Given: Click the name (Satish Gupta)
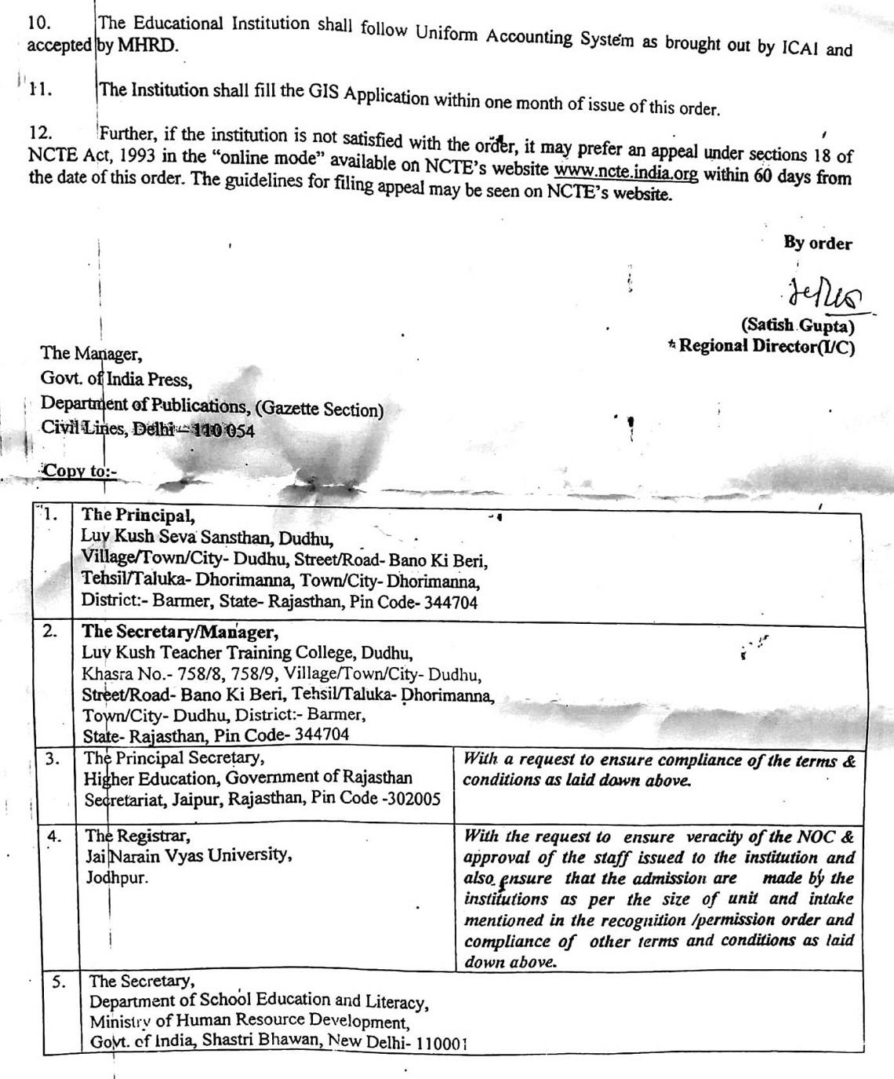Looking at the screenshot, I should [798, 325].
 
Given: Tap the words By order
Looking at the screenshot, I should [817, 243].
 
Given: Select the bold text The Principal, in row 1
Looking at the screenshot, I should [138, 516].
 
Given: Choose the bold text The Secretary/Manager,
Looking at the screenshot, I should [180, 632].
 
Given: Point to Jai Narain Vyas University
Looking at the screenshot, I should [188, 855].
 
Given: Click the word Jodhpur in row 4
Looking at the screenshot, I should [117, 877].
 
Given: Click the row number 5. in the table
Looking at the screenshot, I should [58, 982].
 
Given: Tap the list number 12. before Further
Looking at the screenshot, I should [40, 134].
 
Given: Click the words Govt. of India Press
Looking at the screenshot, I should [116, 380].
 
